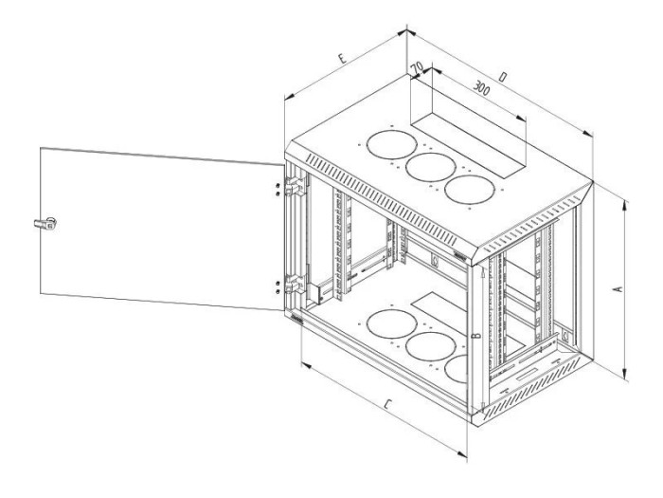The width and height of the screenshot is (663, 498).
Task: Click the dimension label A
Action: click(618, 289)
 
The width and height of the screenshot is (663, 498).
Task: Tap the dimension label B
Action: click(476, 336)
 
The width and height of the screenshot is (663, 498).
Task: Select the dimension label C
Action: click(387, 405)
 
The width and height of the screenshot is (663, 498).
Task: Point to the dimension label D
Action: click(503, 77)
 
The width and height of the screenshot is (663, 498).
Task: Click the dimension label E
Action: click(343, 59)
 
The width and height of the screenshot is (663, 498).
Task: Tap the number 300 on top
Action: click(481, 88)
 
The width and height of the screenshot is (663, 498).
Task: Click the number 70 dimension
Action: click(417, 67)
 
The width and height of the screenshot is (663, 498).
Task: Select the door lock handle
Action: click(45, 224)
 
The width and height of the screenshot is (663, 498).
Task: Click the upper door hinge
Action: click(296, 186)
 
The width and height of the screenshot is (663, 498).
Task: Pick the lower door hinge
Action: click(296, 284)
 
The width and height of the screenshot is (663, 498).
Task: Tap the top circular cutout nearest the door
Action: click(392, 145)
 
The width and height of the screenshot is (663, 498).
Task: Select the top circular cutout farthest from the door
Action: click(470, 190)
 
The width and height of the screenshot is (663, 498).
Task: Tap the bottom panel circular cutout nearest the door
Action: click(392, 324)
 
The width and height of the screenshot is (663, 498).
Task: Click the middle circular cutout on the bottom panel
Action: click(430, 347)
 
